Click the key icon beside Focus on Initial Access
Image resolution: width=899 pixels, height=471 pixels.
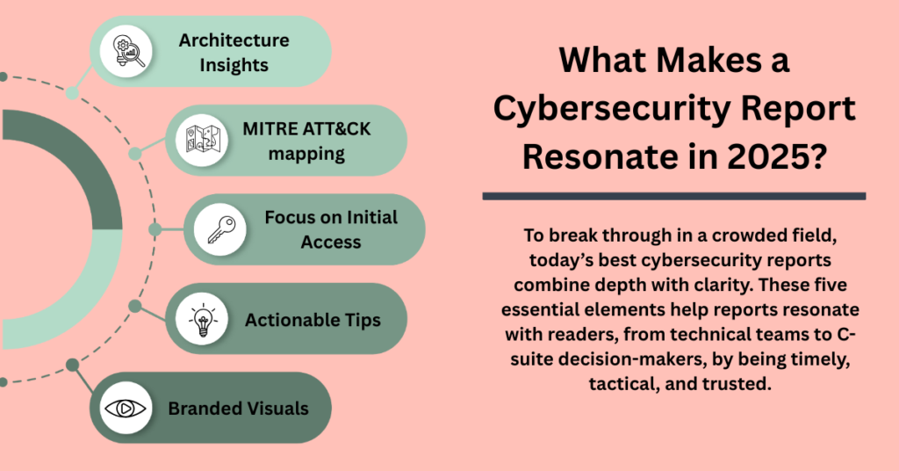click(x=220, y=229)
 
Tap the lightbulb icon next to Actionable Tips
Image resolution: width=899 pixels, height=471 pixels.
click(x=203, y=320)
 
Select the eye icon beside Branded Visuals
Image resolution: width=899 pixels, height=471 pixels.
click(x=126, y=409)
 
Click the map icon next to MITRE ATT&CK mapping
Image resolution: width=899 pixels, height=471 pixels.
click(x=203, y=140)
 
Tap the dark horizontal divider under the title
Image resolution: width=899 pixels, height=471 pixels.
click(x=674, y=196)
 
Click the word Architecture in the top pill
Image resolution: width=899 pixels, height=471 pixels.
click(x=234, y=40)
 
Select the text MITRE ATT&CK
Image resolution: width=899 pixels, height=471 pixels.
click(x=306, y=128)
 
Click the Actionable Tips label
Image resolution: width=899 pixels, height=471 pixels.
click(x=313, y=320)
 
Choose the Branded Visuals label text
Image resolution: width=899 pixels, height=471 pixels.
click(x=239, y=409)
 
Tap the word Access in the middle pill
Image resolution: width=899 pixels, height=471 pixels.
click(x=331, y=243)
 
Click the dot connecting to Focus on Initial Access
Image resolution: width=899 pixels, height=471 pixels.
click(x=155, y=229)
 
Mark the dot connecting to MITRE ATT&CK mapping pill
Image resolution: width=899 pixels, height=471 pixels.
click(x=134, y=153)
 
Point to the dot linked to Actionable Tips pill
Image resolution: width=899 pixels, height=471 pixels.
click(x=134, y=307)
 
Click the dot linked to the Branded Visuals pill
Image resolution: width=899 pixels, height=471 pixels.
click(x=72, y=365)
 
